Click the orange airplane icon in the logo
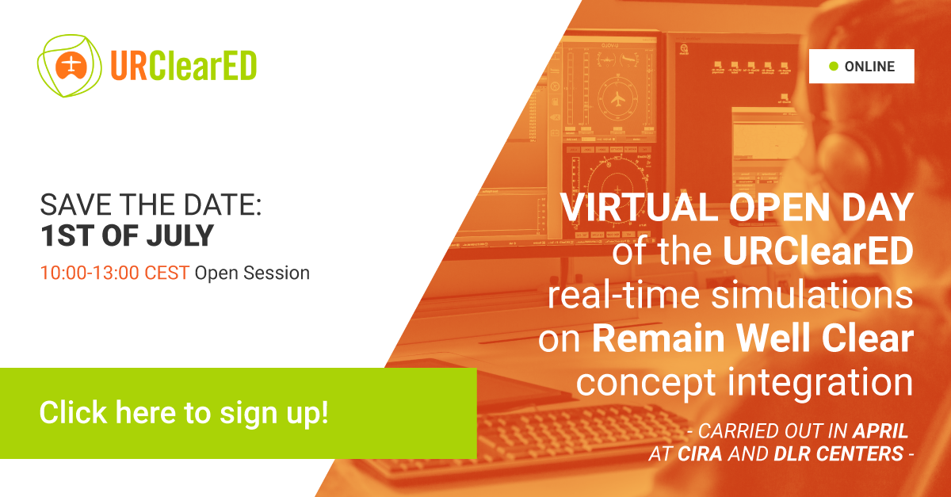(x=71, y=67)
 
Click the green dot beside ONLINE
(x=834, y=67)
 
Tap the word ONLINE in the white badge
(x=869, y=67)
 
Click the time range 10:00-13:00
(x=90, y=273)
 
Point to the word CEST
(x=166, y=273)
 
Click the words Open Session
(x=252, y=273)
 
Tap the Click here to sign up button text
(x=184, y=412)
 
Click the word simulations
(x=812, y=295)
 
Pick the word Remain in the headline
(x=658, y=338)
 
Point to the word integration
(x=820, y=383)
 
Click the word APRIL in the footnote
(x=880, y=431)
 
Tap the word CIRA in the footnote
(x=700, y=453)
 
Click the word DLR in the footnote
(x=792, y=453)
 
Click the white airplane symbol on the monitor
(x=618, y=100)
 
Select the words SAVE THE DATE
(x=151, y=205)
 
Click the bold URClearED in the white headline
(x=818, y=251)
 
